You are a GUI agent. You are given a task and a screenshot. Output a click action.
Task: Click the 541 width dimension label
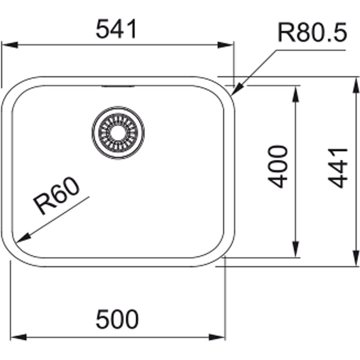click(x=117, y=29)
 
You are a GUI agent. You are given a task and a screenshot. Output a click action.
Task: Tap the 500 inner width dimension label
click(x=117, y=319)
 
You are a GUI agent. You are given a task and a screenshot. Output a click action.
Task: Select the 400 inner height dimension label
click(x=278, y=166)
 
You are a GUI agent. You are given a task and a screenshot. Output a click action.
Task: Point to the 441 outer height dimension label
click(x=338, y=168)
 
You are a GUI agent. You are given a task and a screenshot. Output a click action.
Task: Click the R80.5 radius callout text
click(x=312, y=32)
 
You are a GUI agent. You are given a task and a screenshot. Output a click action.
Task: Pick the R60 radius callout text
click(x=57, y=196)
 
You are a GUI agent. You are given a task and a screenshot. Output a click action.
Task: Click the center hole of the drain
click(x=118, y=133)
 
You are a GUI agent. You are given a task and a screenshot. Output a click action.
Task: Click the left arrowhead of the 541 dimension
click(x=9, y=45)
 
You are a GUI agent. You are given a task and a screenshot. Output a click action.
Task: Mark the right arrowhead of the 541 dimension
click(x=226, y=45)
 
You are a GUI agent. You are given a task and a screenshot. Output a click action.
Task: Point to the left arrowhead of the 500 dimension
click(x=18, y=337)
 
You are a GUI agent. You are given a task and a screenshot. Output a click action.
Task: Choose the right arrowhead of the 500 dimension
click(x=217, y=337)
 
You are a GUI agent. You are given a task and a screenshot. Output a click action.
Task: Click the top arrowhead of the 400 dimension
click(x=296, y=94)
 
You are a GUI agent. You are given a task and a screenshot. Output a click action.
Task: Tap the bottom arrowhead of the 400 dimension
click(x=296, y=249)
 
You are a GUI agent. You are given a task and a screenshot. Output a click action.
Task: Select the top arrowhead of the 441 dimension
click(x=356, y=85)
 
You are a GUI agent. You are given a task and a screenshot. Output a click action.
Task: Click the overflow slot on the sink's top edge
click(x=118, y=86)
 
